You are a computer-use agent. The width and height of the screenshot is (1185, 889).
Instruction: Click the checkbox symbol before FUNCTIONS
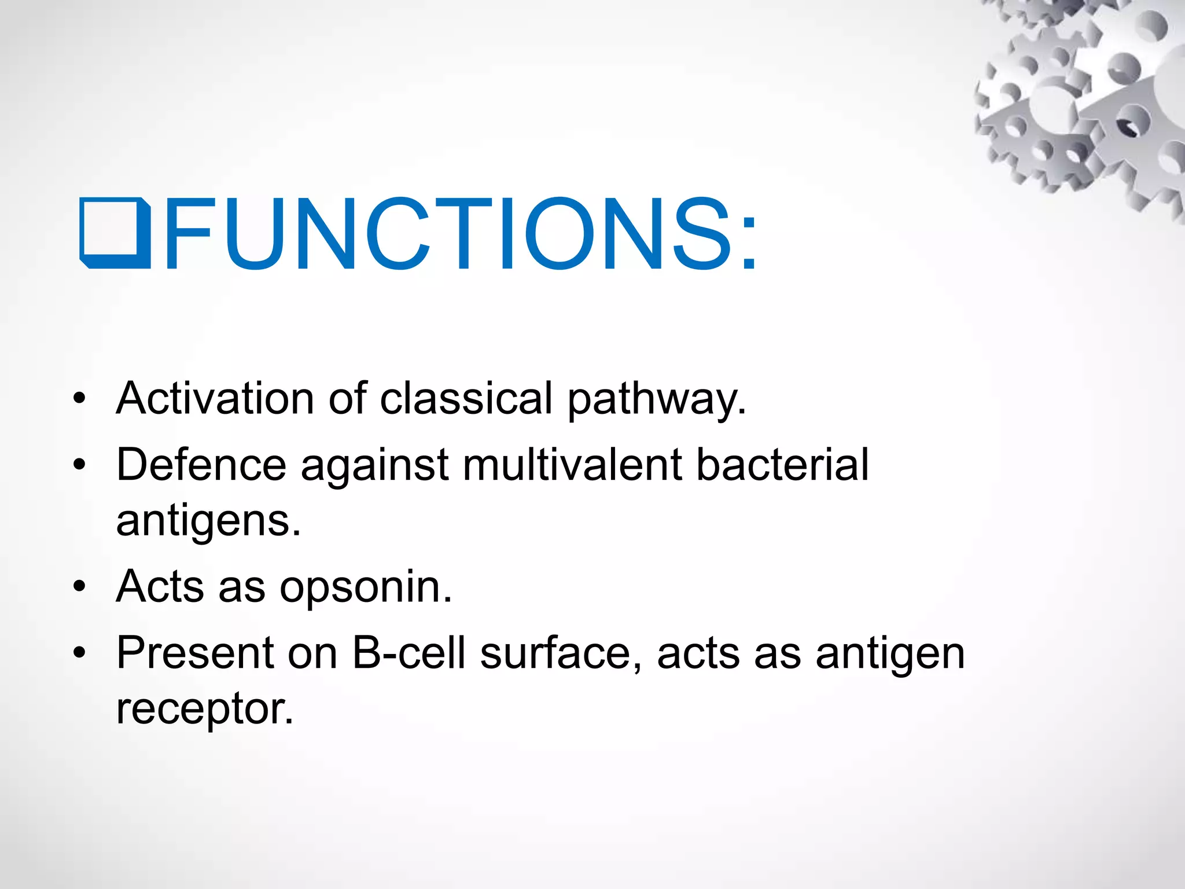tap(115, 233)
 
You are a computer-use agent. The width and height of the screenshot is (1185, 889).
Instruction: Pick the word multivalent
tap(572, 464)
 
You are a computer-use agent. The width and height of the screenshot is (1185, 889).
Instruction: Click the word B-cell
tap(409, 653)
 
